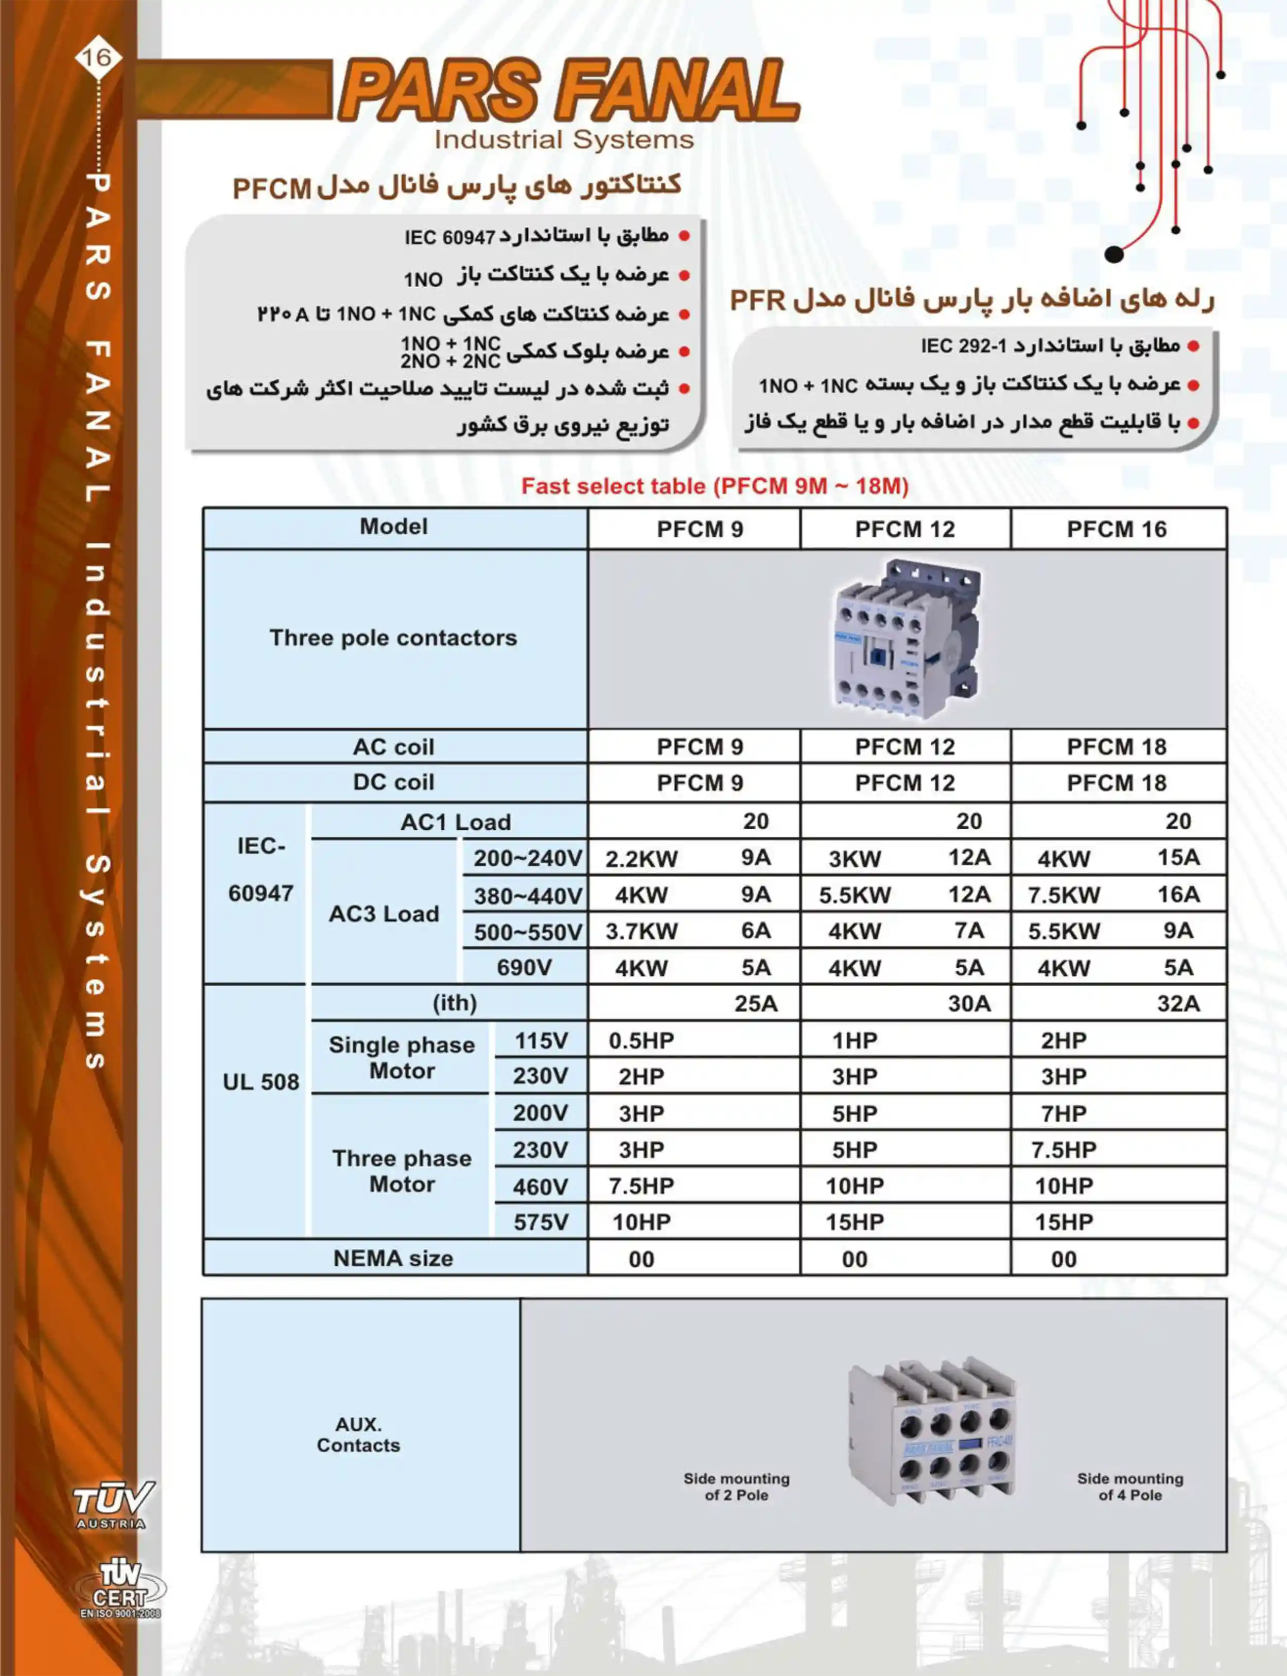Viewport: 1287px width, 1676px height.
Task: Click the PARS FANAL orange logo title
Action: [x=568, y=91]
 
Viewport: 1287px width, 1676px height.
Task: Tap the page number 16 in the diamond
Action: [x=97, y=57]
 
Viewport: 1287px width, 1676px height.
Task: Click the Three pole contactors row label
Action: [x=393, y=638]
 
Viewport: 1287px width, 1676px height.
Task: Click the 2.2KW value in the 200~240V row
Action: [x=641, y=859]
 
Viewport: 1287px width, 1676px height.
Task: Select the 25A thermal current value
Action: [x=755, y=1003]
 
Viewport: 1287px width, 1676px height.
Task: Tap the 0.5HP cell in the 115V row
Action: [x=641, y=1040]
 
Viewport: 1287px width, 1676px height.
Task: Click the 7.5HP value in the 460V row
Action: [x=641, y=1186]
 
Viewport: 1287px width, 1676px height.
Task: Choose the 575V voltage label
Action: [x=541, y=1222]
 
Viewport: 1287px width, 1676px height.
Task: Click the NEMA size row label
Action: [x=393, y=1259]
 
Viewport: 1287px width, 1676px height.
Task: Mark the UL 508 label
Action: [x=260, y=1081]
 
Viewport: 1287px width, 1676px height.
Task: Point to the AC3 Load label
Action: [x=384, y=914]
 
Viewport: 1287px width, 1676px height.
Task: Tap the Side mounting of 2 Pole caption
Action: [x=736, y=1486]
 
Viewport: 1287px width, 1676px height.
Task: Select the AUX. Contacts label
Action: [x=358, y=1435]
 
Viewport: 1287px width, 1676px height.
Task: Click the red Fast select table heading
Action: [x=715, y=486]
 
